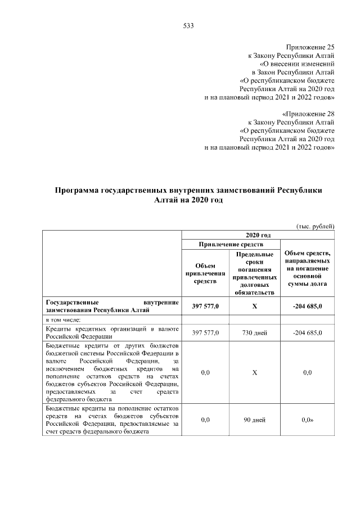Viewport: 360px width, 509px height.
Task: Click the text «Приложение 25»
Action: point(310,48)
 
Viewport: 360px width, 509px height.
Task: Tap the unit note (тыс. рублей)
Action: point(316,226)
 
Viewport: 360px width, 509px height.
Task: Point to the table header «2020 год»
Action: point(258,235)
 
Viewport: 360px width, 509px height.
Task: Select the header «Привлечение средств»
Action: point(231,245)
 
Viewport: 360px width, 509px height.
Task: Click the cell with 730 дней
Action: point(254,333)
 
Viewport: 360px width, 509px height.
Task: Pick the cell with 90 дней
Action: point(254,420)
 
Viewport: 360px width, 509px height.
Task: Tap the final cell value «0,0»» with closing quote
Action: point(307,420)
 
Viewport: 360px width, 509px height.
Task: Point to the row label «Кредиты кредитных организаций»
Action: point(112,333)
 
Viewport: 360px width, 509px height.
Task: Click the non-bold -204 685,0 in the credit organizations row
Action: point(307,333)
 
